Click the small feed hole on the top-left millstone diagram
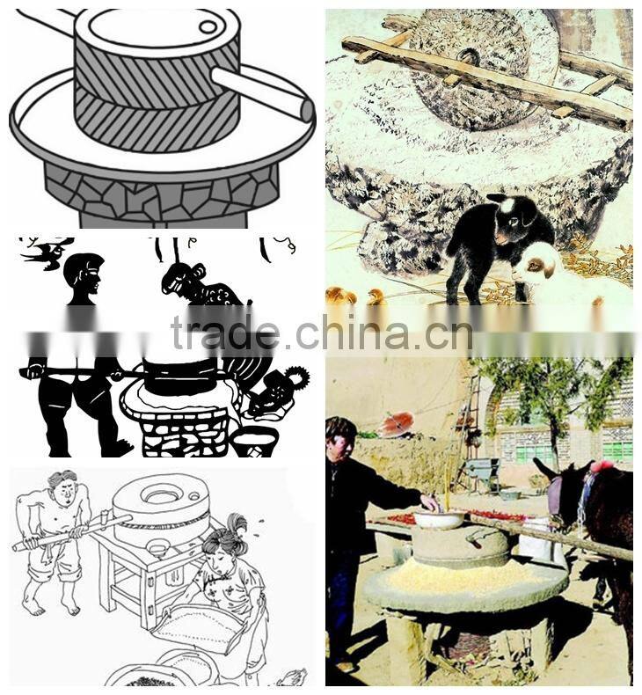[x=208, y=27]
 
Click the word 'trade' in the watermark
[x=226, y=332]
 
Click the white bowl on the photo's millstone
[x=439, y=519]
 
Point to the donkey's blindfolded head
[x=565, y=488]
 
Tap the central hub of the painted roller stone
[x=469, y=56]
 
